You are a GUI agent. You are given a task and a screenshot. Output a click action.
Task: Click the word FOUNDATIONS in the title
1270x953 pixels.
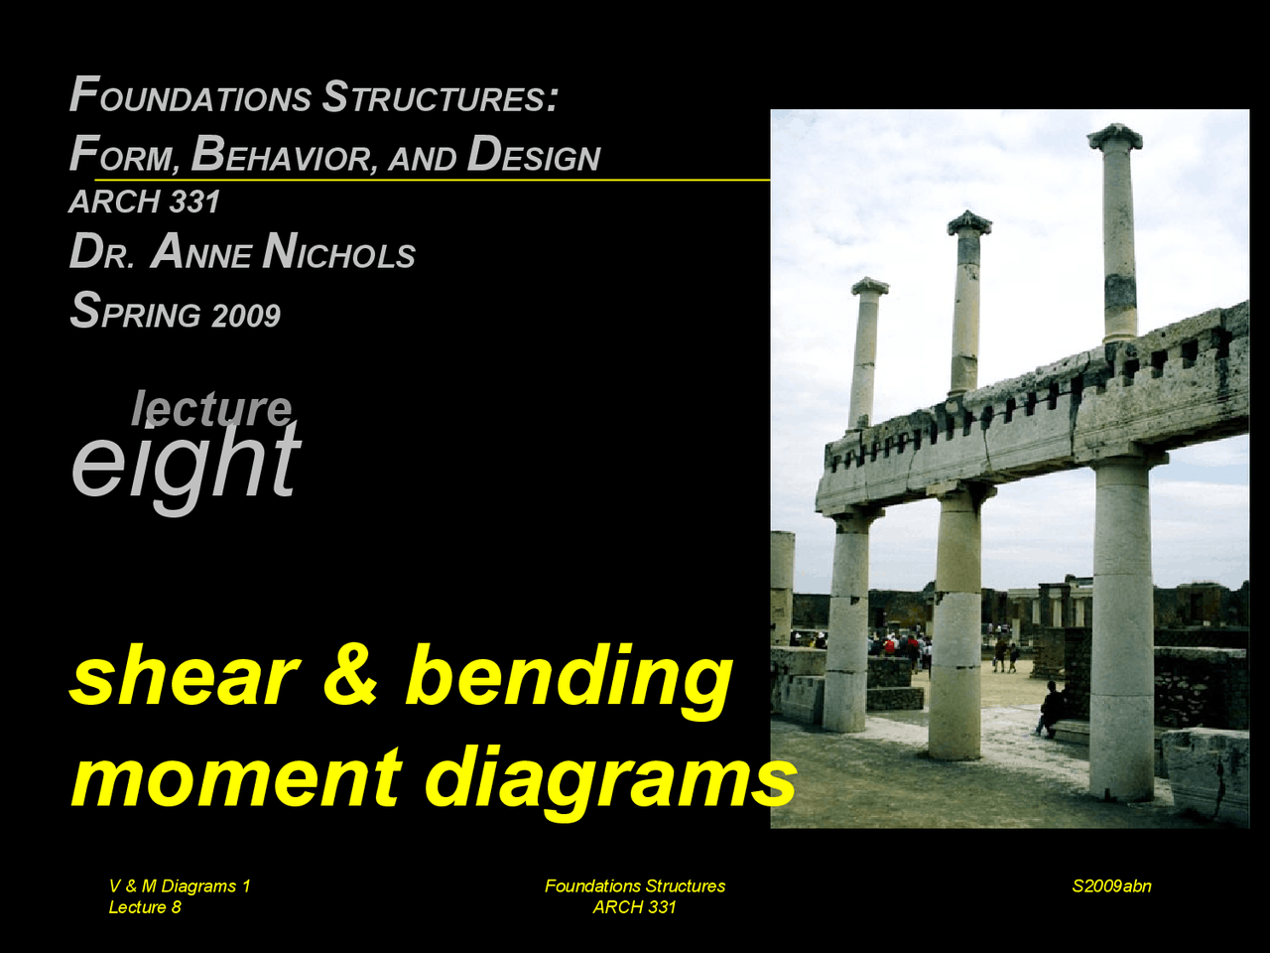click(x=190, y=97)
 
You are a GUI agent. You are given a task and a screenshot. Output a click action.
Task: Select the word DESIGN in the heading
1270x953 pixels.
click(x=534, y=155)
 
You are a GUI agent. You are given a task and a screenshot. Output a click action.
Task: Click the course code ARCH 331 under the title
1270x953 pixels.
click(x=145, y=202)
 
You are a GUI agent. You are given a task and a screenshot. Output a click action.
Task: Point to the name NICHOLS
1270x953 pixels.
click(x=339, y=253)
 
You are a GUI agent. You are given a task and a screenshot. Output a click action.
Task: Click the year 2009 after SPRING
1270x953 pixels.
click(x=245, y=316)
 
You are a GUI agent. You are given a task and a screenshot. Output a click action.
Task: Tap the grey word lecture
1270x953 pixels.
click(x=211, y=407)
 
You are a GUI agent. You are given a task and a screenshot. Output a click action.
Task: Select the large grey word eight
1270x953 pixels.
click(x=186, y=462)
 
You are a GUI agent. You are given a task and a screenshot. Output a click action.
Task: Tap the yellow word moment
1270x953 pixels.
click(x=236, y=777)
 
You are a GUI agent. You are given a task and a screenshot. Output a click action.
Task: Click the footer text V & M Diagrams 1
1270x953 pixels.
click(x=180, y=885)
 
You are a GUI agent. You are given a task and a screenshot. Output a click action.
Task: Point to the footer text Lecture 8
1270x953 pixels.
click(x=145, y=906)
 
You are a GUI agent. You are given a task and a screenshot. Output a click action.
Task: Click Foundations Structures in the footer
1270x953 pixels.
click(x=635, y=885)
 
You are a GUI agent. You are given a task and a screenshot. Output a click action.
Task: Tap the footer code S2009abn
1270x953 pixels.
click(x=1111, y=885)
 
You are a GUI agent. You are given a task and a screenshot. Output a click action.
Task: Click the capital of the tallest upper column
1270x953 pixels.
click(x=1115, y=136)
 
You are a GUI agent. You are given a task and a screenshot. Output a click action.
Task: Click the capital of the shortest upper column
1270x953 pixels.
click(x=869, y=287)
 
